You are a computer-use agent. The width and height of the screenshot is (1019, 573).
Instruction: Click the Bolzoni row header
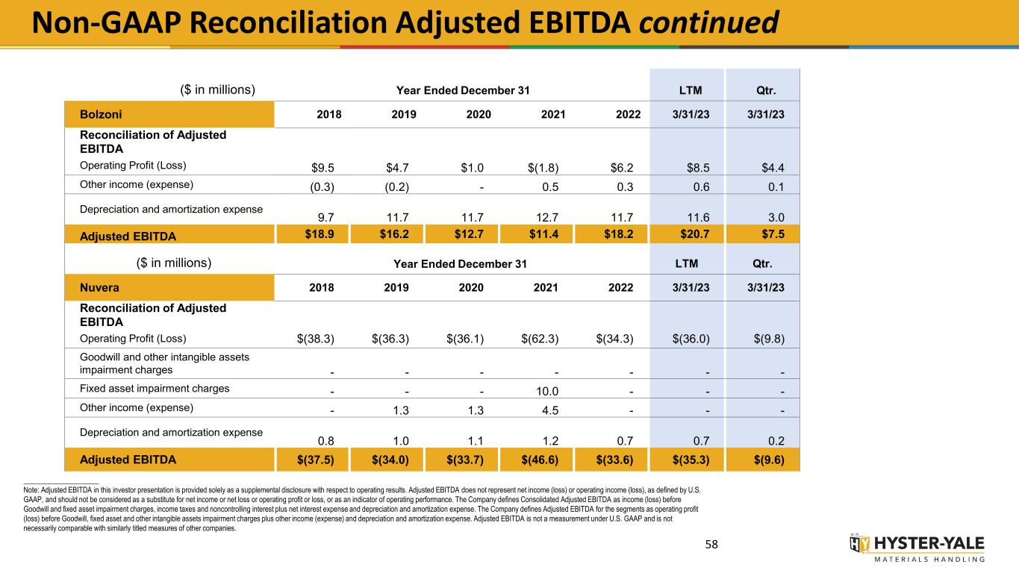coord(102,114)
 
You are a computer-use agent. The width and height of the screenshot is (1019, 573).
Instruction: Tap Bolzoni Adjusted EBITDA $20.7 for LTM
coord(686,236)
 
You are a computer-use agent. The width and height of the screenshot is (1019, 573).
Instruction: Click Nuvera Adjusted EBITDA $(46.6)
coord(540,460)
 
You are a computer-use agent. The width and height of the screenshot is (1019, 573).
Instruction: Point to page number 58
coord(711,545)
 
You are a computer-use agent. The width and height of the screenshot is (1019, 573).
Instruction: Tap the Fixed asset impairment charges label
coord(154,388)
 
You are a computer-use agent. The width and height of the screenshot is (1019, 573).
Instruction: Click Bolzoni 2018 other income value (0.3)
coord(321,185)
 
